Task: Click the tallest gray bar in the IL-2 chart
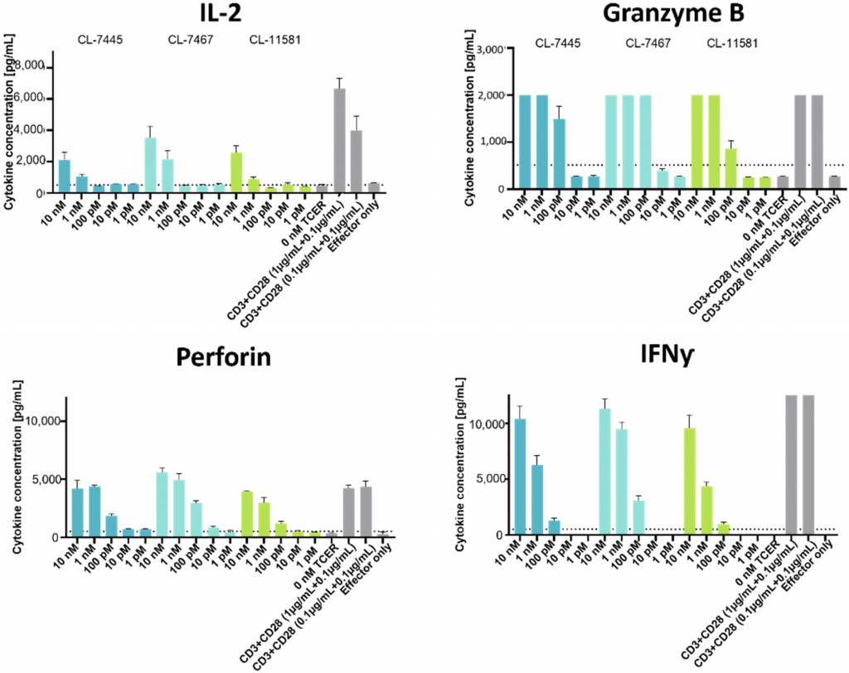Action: pyautogui.click(x=339, y=140)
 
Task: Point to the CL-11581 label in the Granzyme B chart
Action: pyautogui.click(x=733, y=43)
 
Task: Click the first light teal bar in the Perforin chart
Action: pyautogui.click(x=163, y=504)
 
